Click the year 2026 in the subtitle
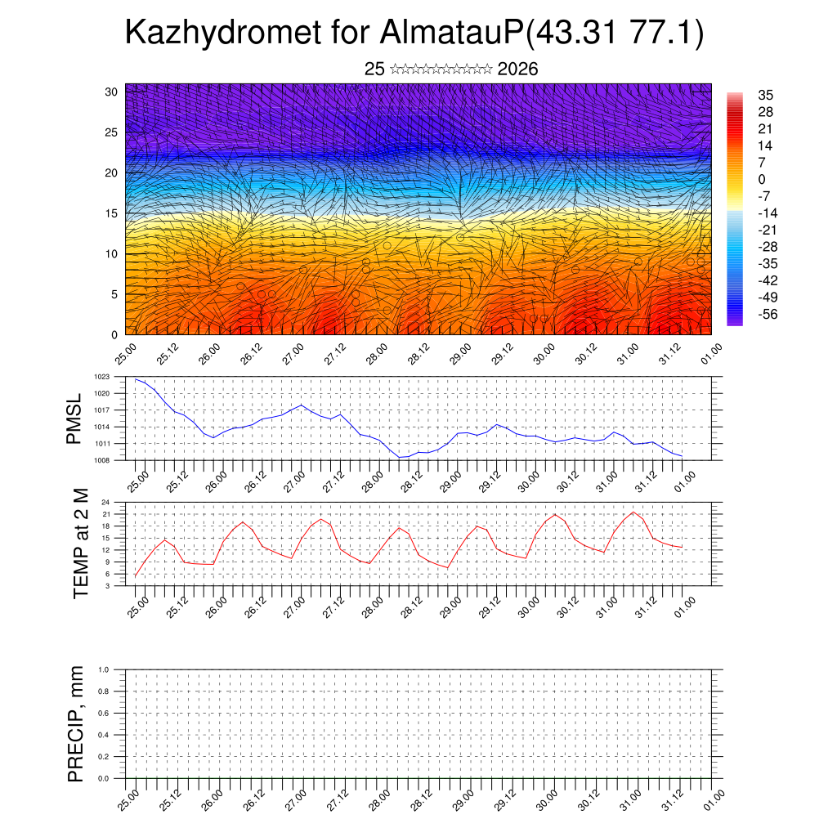517,69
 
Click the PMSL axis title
74,418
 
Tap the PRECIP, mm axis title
76,723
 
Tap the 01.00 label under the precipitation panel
714,799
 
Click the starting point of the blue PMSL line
136,378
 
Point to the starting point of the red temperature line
136,576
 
